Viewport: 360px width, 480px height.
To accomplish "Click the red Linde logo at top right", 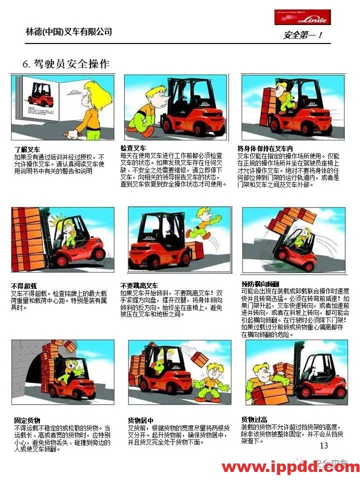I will click(x=302, y=17).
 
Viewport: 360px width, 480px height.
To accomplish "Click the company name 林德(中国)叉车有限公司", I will click(x=69, y=32).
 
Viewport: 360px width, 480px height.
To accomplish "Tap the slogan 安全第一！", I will click(x=302, y=35).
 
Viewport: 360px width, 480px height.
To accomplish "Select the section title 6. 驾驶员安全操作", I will click(x=66, y=64).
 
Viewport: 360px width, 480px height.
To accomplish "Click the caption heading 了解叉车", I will click(x=27, y=149).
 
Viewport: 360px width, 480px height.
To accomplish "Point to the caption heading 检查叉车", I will click(x=133, y=148).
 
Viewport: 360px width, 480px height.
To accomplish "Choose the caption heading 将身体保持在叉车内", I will click(x=264, y=148).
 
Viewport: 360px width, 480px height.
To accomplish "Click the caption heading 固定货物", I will click(x=27, y=420).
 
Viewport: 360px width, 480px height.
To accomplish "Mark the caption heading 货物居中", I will click(x=140, y=420).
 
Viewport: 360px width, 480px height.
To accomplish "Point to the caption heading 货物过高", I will click(x=254, y=419).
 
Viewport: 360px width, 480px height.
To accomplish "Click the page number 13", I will click(x=323, y=445).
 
